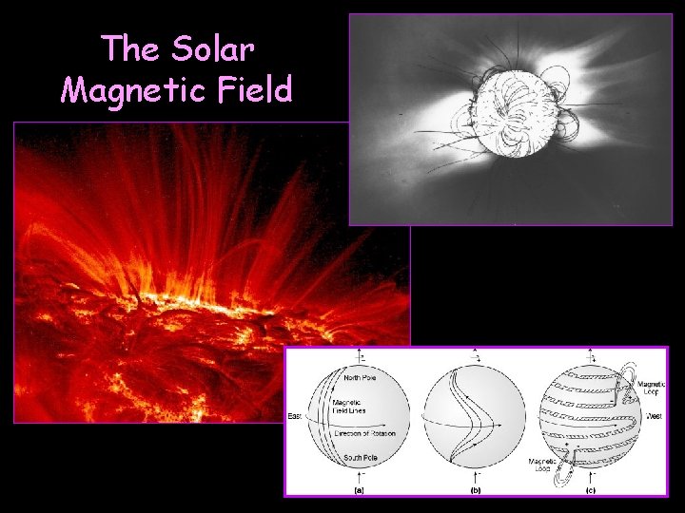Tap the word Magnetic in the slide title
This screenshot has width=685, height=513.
coord(122,90)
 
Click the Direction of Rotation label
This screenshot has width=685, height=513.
coord(364,433)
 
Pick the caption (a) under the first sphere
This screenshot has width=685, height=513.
coord(359,490)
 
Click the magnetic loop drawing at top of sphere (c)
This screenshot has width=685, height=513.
coord(624,379)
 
